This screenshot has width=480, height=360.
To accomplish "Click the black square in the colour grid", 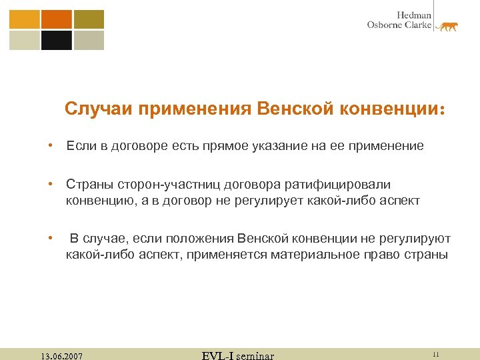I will point(57,41).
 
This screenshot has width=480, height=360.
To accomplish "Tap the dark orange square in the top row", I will point(57,19).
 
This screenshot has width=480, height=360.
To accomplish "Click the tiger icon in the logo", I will point(446,26).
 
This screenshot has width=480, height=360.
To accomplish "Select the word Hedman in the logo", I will point(415,15).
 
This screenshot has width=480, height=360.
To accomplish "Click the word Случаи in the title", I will point(99,108).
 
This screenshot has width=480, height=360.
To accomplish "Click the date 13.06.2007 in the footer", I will point(61,356).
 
